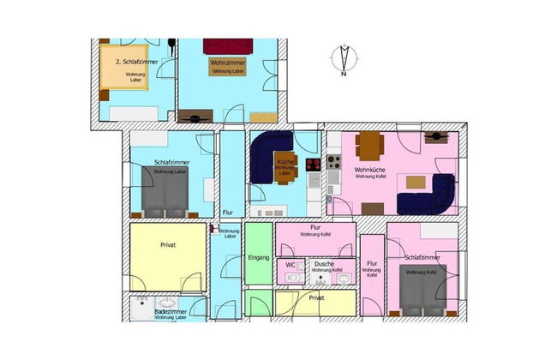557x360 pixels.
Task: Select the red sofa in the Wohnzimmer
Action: tap(224, 45)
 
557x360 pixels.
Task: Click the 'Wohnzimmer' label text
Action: tap(226, 63)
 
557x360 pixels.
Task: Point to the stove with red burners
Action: tap(313, 164)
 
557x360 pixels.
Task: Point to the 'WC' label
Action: tap(290, 265)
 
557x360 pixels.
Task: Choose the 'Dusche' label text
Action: tap(324, 264)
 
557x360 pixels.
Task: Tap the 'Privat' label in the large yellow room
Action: tap(168, 245)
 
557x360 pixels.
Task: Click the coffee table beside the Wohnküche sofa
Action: tap(416, 181)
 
